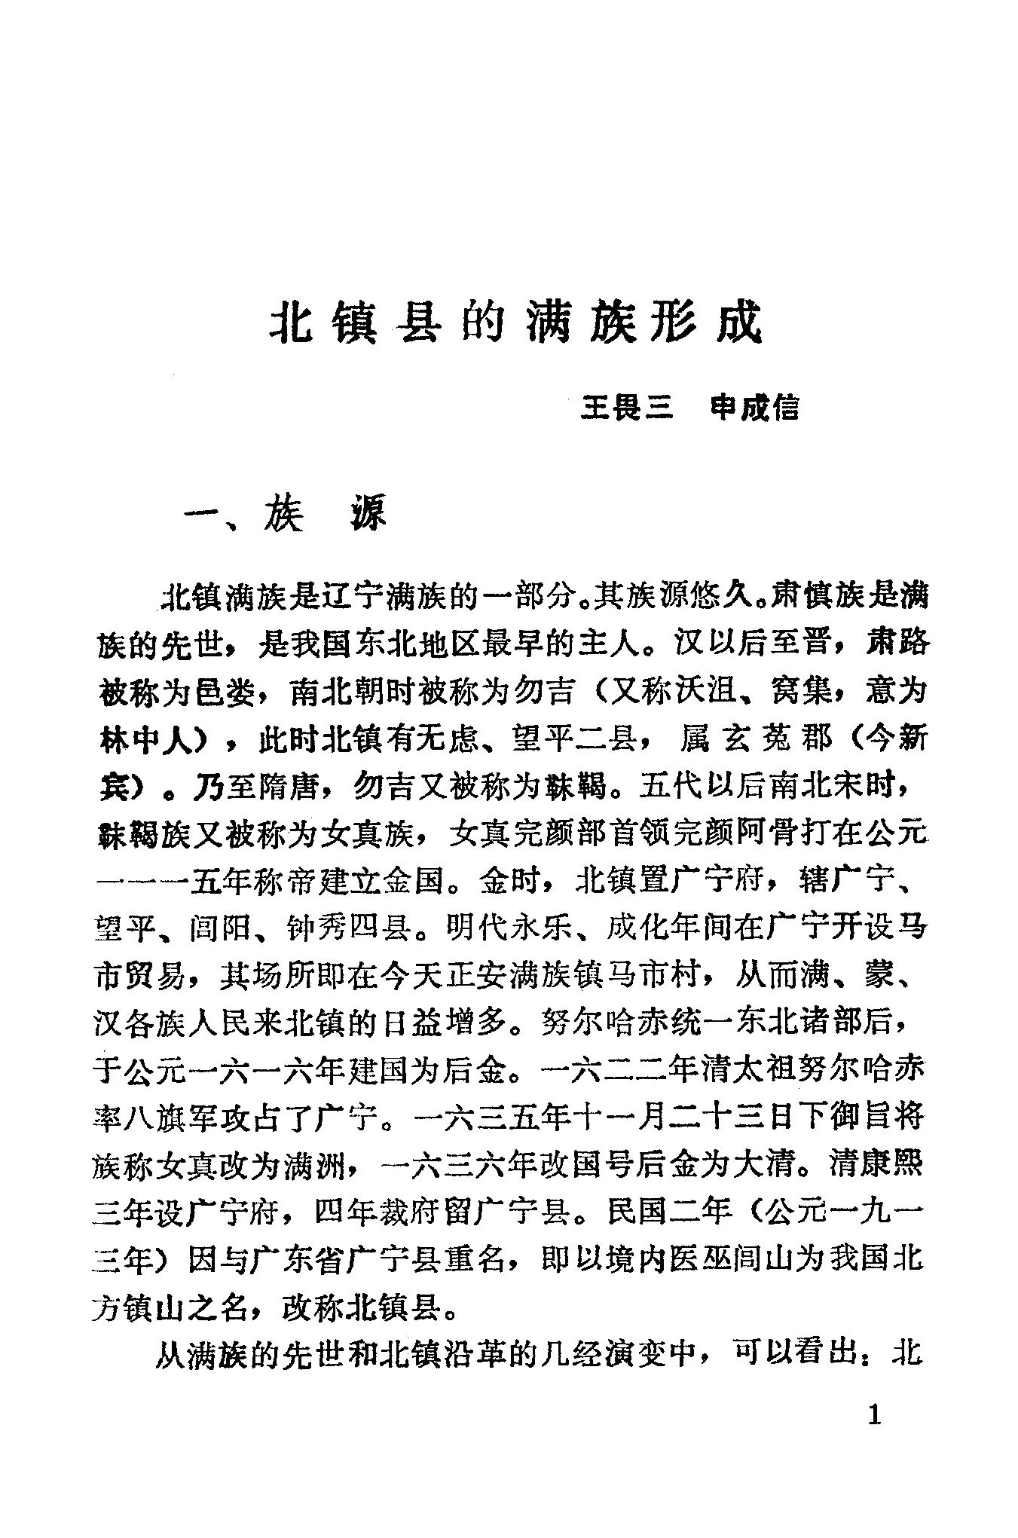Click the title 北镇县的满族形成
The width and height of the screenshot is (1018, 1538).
[x=516, y=325]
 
